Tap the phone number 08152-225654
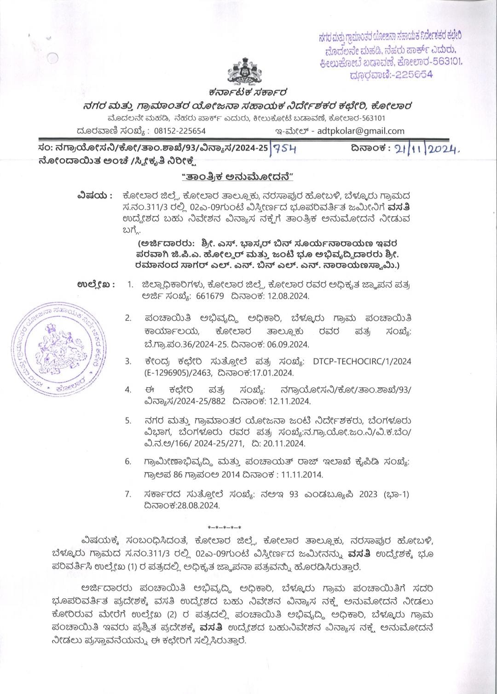pos(179,131)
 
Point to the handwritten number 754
pos(285,149)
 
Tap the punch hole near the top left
pos(53,58)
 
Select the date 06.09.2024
pos(287,344)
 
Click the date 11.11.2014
pos(301,474)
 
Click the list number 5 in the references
pos(128,421)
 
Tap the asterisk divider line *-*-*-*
pos(224,527)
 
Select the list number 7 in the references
pos(128,494)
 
